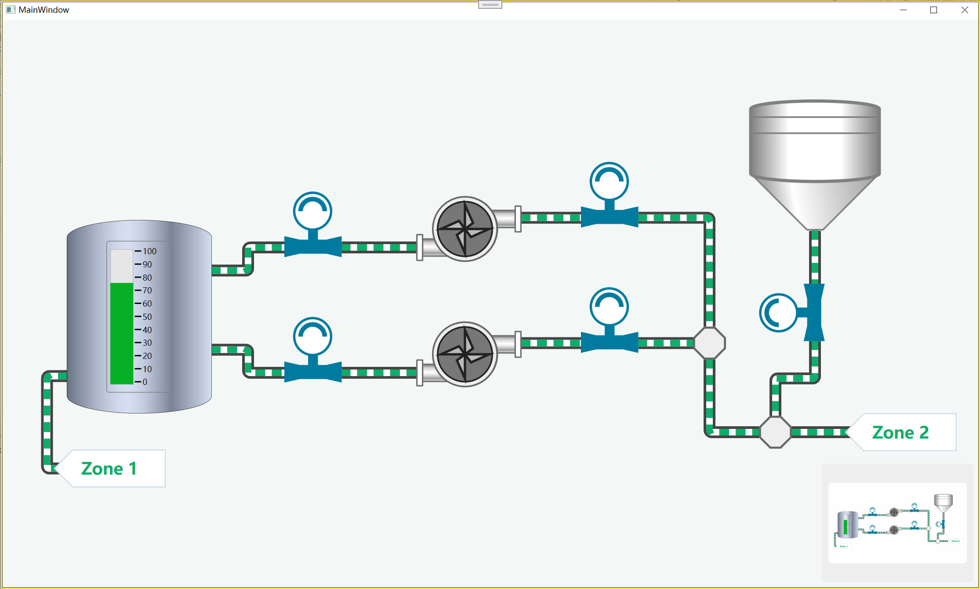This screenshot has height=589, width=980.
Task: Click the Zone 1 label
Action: pos(109,468)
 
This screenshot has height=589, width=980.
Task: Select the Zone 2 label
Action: pos(900,432)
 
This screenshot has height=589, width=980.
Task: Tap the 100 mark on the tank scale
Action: pos(149,251)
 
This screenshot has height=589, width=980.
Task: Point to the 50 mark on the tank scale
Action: pos(147,317)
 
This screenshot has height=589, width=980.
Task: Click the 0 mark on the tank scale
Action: pos(145,382)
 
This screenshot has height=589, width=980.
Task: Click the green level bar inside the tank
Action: pos(122,333)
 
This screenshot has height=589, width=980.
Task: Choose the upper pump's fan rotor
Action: pos(465,229)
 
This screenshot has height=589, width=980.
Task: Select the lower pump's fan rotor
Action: pos(465,354)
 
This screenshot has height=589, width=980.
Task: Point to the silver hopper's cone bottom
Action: pos(815,203)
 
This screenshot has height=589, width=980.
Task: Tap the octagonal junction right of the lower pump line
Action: pos(709,343)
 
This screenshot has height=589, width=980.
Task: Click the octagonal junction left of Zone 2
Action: pos(776,432)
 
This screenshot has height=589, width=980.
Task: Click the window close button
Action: pos(965,10)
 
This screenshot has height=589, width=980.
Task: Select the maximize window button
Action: pos(934,10)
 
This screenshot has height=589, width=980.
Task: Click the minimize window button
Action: pos(904,10)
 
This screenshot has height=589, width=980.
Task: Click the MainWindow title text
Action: pos(44,10)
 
